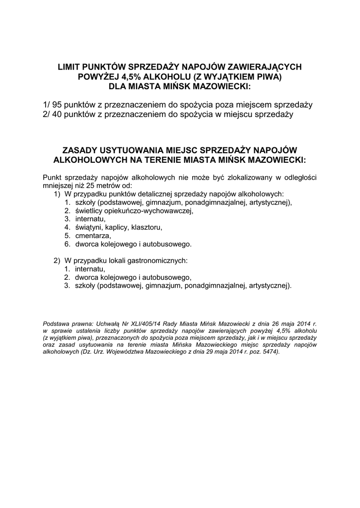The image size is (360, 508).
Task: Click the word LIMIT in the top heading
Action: click(x=70, y=66)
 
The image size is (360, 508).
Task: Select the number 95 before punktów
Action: click(x=59, y=105)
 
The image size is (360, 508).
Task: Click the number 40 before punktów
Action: click(x=59, y=115)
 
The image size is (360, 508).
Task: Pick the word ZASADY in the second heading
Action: click(x=79, y=150)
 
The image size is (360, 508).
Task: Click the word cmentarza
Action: click(x=92, y=236)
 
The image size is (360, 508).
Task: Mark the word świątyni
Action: click(x=88, y=228)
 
